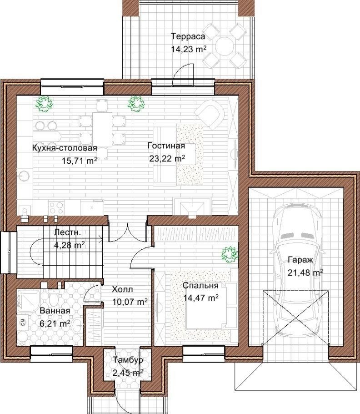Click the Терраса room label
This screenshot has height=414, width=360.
[188, 36]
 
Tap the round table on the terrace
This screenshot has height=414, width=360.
[224, 45]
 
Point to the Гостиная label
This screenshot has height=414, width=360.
[166, 146]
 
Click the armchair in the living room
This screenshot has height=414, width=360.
[210, 115]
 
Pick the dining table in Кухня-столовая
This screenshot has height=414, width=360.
[102, 129]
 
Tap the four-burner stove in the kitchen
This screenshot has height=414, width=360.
[57, 207]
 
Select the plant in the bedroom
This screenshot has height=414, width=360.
[230, 254]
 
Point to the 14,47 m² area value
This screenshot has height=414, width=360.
[201, 298]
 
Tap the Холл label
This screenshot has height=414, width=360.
[122, 289]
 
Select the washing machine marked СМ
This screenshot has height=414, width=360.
[23, 322]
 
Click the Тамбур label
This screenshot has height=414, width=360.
[128, 359]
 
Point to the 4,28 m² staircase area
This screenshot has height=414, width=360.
[70, 245]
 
